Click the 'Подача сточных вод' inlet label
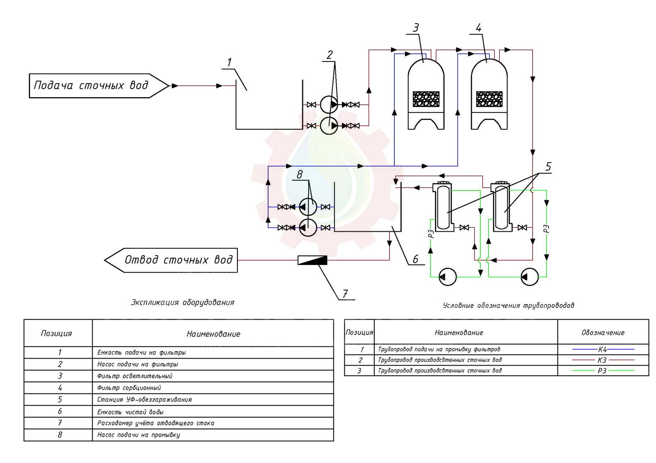coord(91,86)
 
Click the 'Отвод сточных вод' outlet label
coord(178,260)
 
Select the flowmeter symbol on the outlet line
coord(312,260)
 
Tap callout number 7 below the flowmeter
coord(345,294)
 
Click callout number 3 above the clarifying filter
coord(416,28)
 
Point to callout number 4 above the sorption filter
coord(478,28)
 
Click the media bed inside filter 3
coord(426,99)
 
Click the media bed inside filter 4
coord(489,99)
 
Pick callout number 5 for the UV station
coord(548,167)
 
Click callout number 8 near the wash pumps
coord(300,174)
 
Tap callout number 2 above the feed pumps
coord(330,55)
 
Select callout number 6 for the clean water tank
coord(415,259)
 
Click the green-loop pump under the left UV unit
coord(447,277)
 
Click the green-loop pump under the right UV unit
coord(529,277)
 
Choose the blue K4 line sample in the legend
coord(602,349)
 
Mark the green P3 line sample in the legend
coord(602,370)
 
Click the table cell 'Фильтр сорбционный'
coord(129,388)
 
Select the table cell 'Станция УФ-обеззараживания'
coord(144,400)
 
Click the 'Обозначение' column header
coord(603,333)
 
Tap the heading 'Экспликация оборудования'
coord(182,303)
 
